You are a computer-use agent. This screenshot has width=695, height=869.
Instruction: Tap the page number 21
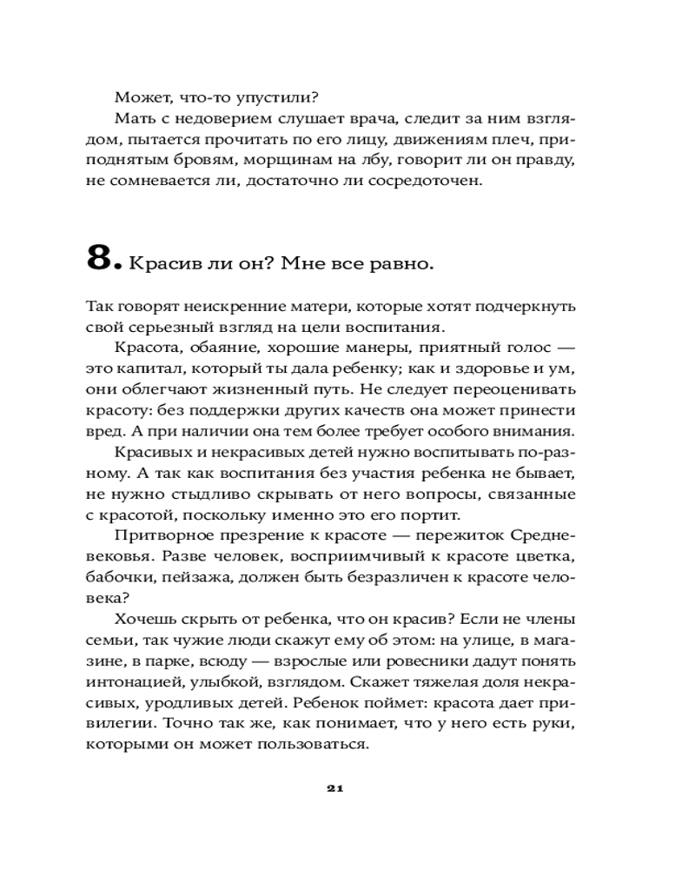pos(337,789)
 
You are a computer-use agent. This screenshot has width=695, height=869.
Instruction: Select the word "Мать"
pos(132,118)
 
